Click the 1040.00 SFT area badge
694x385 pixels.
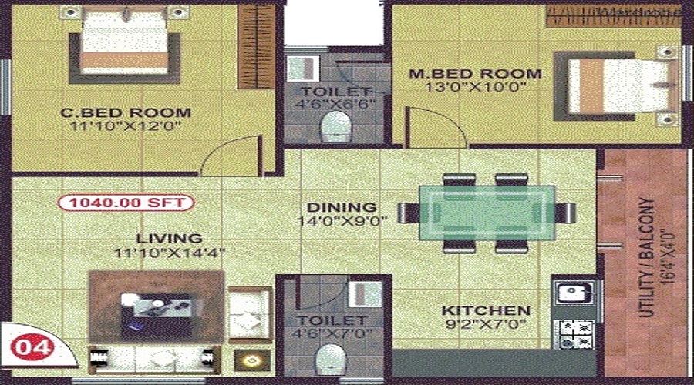pos(126,204)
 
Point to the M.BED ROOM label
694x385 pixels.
pos(475,74)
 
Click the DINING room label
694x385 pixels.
pos(342,207)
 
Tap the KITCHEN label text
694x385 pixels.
pos(486,311)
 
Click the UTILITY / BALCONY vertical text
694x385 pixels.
pos(642,258)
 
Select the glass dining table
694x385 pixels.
pos(487,213)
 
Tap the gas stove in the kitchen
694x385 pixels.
pos(574,330)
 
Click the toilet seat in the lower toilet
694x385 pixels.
pos(332,358)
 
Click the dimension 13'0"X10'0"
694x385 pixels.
pos(475,88)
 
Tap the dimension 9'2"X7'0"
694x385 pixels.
pos(486,325)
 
